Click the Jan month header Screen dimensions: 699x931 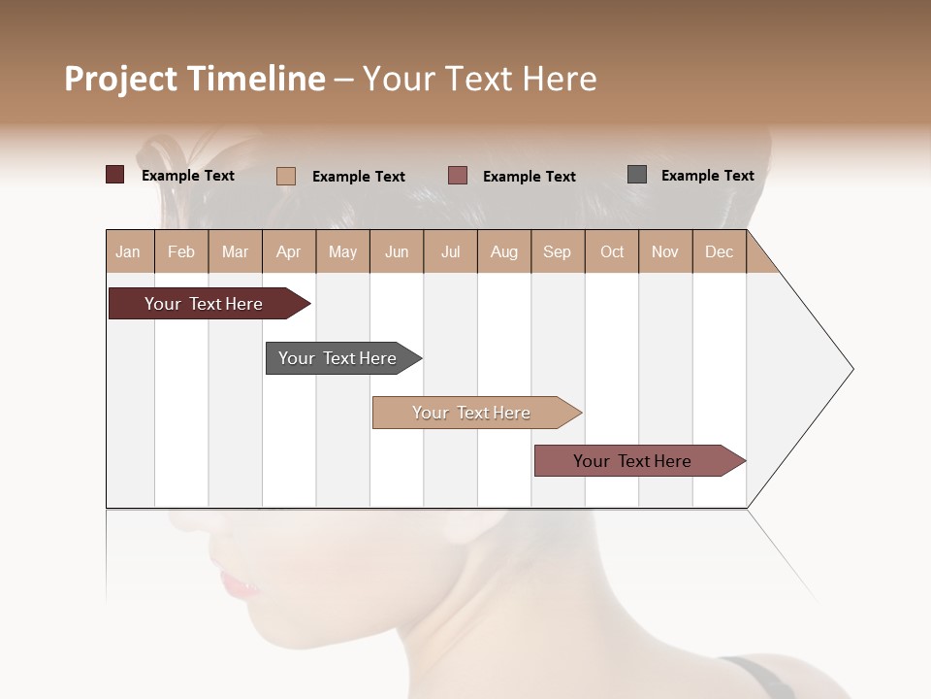(x=129, y=251)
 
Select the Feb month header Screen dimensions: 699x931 (x=181, y=251)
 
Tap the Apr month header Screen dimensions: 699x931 (x=289, y=251)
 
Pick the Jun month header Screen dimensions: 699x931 (x=397, y=251)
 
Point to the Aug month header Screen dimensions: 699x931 (x=504, y=251)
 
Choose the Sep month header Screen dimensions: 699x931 (x=558, y=251)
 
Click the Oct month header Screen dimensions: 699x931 (x=612, y=251)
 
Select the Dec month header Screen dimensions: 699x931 (x=720, y=251)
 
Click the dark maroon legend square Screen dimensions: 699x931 (x=115, y=175)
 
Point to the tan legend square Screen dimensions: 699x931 (x=286, y=176)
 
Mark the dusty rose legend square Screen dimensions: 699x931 (x=458, y=175)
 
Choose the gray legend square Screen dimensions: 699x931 (x=637, y=175)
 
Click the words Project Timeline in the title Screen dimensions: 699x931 (x=195, y=79)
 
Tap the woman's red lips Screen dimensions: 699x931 (x=238, y=584)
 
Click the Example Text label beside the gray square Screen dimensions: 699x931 (x=707, y=176)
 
